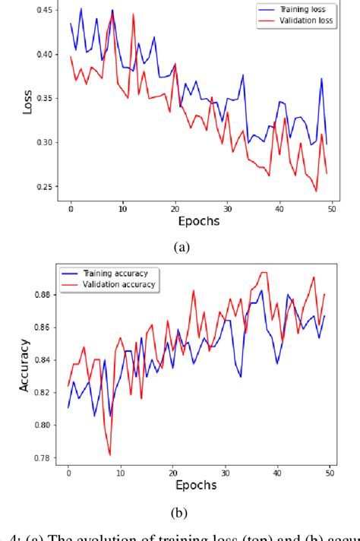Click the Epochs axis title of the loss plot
tap(198, 221)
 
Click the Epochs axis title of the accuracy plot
tap(195, 485)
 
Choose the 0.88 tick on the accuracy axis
tap(43, 295)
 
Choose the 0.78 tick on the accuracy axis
tap(43, 458)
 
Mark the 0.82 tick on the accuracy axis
tap(43, 393)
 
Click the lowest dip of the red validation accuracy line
tap(110, 454)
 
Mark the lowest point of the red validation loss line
tap(316, 191)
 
